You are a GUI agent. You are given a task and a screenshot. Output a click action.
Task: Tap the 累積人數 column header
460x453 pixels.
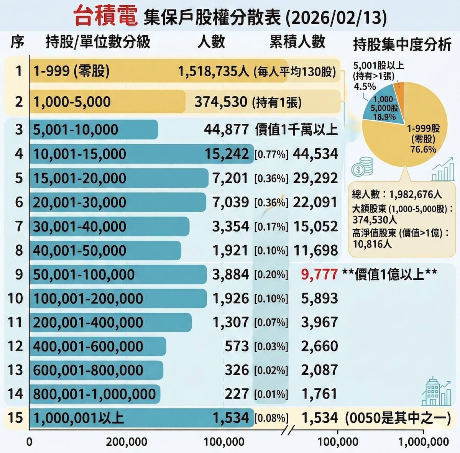pyautogui.click(x=297, y=42)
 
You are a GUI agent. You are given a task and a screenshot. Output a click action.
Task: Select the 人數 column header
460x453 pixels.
pyautogui.click(x=211, y=42)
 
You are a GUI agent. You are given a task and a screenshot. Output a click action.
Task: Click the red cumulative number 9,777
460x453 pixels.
pyautogui.click(x=319, y=274)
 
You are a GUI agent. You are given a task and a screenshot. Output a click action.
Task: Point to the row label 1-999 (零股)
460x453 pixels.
pyautogui.click(x=72, y=71)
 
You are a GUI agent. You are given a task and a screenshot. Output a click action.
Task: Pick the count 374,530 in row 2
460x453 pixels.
pyautogui.click(x=220, y=102)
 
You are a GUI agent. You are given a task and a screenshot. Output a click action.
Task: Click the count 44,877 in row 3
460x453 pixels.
pyautogui.click(x=226, y=130)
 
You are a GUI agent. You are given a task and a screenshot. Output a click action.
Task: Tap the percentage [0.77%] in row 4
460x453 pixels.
pyautogui.click(x=271, y=154)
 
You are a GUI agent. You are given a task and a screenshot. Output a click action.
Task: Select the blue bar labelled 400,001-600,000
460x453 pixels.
pyautogui.click(x=98, y=346)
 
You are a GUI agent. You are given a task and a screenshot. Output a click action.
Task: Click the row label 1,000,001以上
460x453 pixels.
pyautogui.click(x=79, y=418)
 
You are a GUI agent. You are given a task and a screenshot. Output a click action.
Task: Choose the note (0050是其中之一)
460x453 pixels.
pyautogui.click(x=398, y=418)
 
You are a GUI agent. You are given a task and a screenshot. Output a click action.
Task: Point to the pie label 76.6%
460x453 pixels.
pyautogui.click(x=423, y=149)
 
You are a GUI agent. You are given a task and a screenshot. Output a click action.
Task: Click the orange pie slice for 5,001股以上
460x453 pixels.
pyautogui.click(x=399, y=86)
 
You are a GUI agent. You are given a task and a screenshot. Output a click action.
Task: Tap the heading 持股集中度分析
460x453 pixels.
pyautogui.click(x=402, y=45)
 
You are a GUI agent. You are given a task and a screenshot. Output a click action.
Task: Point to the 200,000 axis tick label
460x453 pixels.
pyautogui.click(x=127, y=442)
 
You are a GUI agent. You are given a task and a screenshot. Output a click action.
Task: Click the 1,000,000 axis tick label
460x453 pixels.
pyautogui.click(x=423, y=442)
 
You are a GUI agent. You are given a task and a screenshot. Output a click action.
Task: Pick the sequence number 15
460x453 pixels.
pyautogui.click(x=15, y=418)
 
